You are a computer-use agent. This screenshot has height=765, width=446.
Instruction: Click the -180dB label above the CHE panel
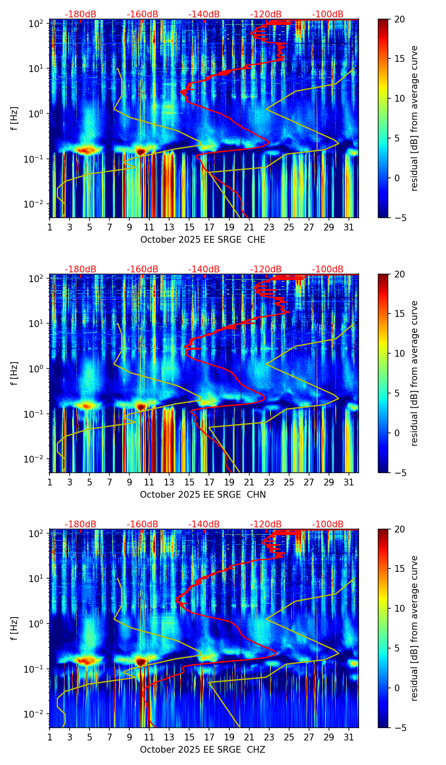pyautogui.click(x=81, y=14)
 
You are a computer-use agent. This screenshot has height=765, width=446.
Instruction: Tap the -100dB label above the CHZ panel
pyautogui.click(x=328, y=524)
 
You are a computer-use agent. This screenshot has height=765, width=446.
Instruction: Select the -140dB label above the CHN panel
pyautogui.click(x=204, y=269)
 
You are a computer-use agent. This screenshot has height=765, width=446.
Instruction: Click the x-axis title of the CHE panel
pyautogui.click(x=203, y=240)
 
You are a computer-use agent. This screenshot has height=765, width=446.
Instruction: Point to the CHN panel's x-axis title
pyautogui.click(x=203, y=495)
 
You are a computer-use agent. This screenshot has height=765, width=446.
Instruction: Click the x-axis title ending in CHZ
pyautogui.click(x=203, y=750)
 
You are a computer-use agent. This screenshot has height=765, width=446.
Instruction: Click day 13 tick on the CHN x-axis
pyautogui.click(x=169, y=482)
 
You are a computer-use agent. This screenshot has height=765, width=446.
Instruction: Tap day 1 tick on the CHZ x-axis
pyautogui.click(x=50, y=737)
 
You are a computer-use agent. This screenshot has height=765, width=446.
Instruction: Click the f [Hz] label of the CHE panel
pyautogui.click(x=14, y=118)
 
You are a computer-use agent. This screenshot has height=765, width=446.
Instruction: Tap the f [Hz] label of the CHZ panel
pyautogui.click(x=14, y=628)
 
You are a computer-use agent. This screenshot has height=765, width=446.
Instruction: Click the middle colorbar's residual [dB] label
pyautogui.click(x=414, y=373)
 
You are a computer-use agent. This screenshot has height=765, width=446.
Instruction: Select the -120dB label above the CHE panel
pyautogui.click(x=266, y=14)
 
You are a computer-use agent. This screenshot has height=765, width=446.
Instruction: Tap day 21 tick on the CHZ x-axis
pyautogui.click(x=249, y=737)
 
